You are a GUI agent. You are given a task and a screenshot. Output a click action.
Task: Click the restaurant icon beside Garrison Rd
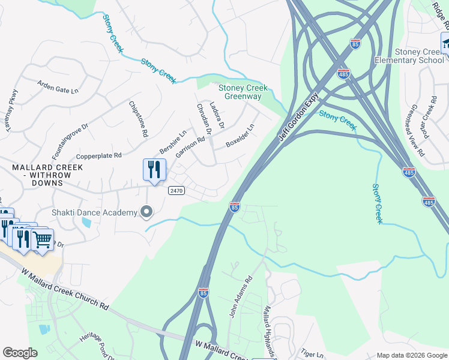coord(154,170)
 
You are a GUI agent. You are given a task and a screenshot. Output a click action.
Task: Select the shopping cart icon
coord(42,239)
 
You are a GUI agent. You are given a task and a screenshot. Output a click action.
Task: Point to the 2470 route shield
coord(176,190)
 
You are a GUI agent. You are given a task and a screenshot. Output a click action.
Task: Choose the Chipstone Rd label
coord(138,119)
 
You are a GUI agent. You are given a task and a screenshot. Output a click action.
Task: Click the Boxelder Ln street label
coord(240,136)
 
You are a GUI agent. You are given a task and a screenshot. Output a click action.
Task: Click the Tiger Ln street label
coord(313,355)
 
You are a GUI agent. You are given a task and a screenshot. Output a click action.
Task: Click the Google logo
coord(20,353)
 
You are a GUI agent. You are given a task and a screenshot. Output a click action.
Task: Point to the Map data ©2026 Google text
coord(411,355)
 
